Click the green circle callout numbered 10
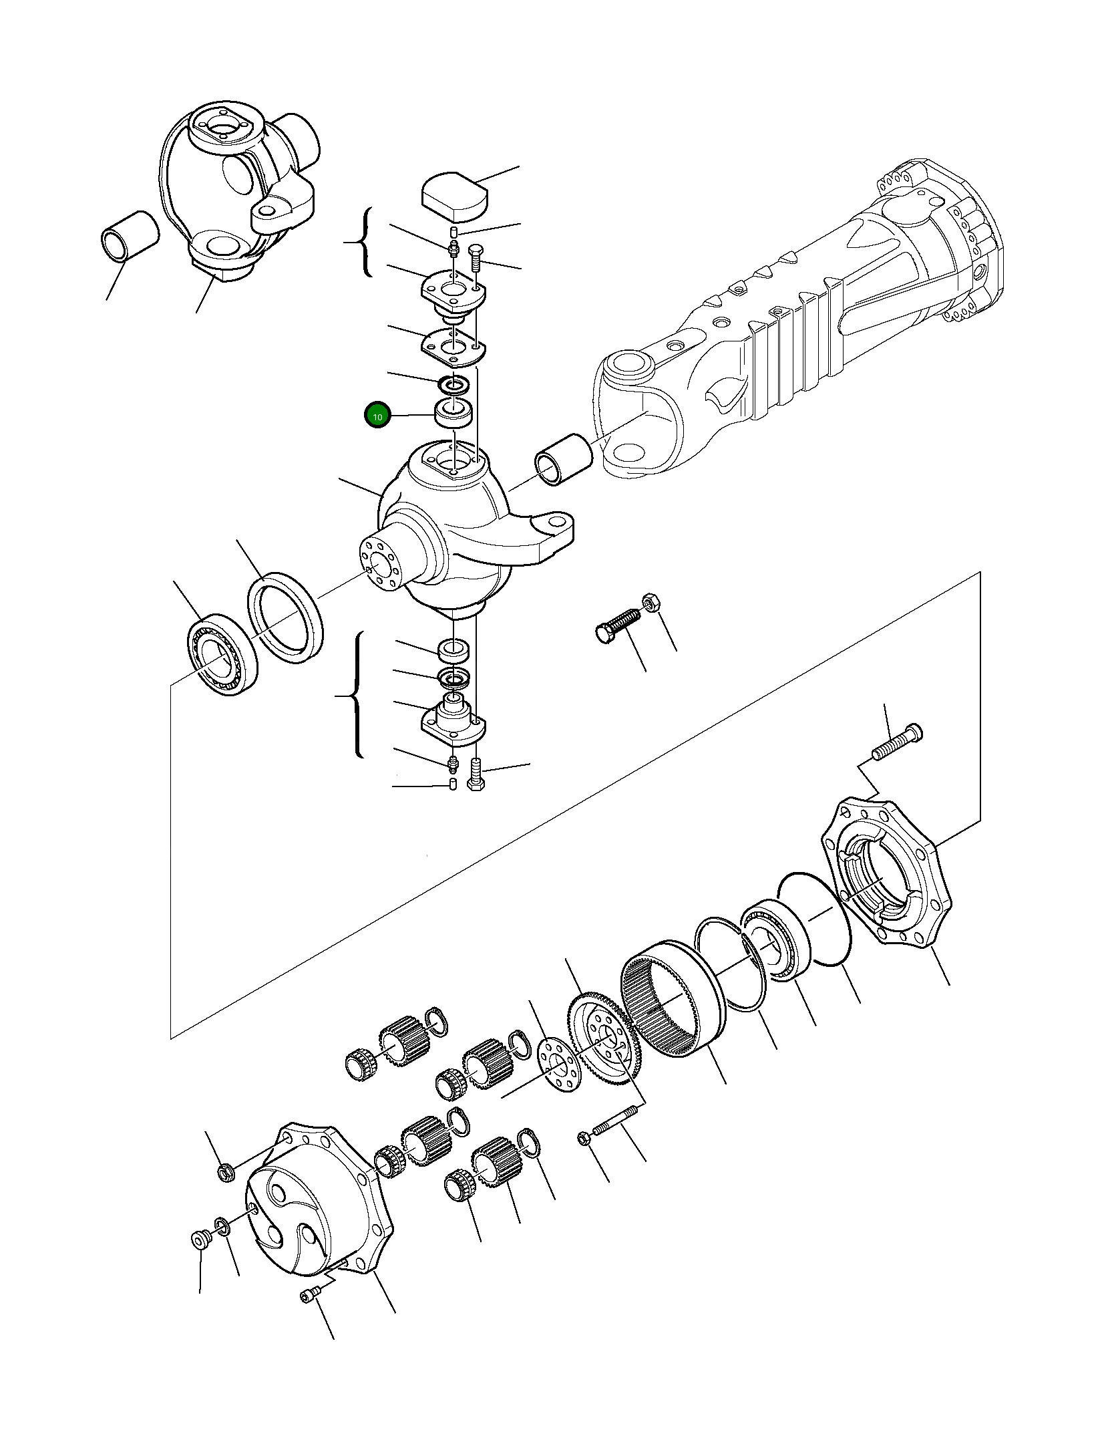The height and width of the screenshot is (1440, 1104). click(x=377, y=416)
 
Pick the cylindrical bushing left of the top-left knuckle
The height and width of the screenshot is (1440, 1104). click(x=130, y=236)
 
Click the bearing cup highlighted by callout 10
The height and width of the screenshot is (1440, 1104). click(x=453, y=412)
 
